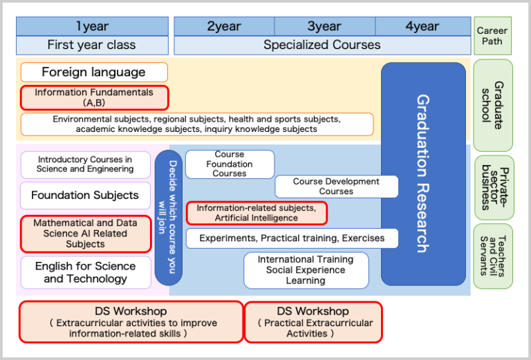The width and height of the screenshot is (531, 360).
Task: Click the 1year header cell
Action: pos(92,26)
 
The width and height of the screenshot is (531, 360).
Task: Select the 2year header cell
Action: pos(224,26)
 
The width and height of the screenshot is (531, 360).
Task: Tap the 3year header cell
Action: pos(324,26)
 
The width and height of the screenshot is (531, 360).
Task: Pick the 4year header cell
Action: pos(422,26)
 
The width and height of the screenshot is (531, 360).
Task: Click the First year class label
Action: pos(92,45)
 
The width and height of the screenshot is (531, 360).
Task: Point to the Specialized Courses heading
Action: pos(322,45)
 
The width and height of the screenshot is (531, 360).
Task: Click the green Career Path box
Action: pos(493,36)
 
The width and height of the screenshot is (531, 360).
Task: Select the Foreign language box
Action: pos(94,73)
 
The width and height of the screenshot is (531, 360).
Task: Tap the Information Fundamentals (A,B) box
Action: pos(94,97)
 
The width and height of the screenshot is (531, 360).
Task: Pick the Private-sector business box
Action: pos(493,187)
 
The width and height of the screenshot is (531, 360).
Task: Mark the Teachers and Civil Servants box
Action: pos(493,256)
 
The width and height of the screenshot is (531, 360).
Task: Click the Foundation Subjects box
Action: pos(85,196)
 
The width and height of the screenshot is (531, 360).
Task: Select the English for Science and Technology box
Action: pos(85,272)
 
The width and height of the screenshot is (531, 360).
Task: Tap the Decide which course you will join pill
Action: pos(169,218)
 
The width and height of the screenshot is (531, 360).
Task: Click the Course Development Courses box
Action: pos(336,187)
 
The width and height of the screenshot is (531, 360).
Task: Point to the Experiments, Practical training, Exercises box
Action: pos(292,238)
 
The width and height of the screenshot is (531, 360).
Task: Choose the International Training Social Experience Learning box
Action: pos(306,270)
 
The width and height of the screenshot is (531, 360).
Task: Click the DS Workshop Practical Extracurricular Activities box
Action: pos(313,321)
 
